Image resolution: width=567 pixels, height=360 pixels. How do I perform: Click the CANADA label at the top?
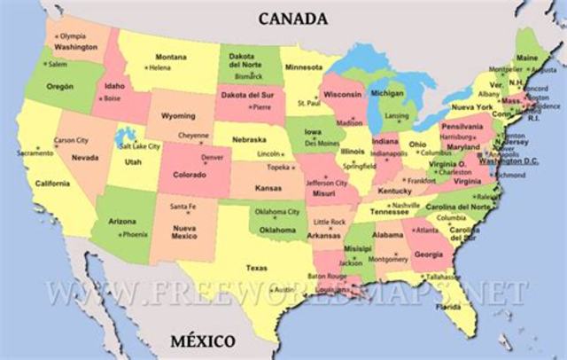click(x=292, y=18)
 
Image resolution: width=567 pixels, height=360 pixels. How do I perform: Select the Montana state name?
click(x=171, y=57)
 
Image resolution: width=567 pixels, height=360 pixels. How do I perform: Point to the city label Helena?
click(x=160, y=67)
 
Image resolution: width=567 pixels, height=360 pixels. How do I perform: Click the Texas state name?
click(x=256, y=267)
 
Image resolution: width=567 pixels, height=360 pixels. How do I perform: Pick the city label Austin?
click(x=284, y=290)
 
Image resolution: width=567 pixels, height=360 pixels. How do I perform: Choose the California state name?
click(x=52, y=184)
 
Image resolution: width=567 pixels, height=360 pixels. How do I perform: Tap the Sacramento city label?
click(x=35, y=153)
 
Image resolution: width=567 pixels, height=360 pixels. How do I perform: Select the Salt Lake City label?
click(x=140, y=145)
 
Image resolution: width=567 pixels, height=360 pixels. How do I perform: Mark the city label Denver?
click(x=211, y=157)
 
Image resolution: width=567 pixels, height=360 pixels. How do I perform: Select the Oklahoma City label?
click(x=277, y=212)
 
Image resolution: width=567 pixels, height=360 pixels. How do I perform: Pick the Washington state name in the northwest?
click(x=75, y=46)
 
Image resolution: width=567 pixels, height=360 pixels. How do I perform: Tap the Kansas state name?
click(x=267, y=190)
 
